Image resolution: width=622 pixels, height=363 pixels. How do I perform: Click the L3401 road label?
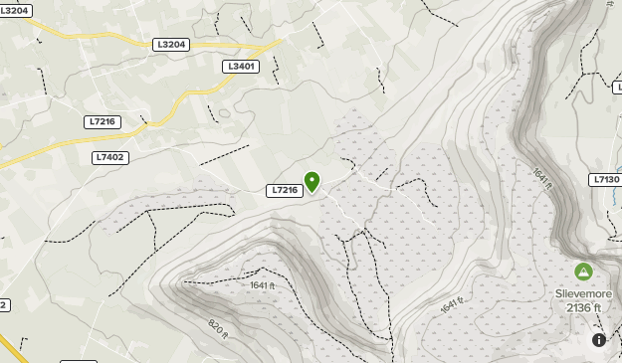click(x=242, y=67)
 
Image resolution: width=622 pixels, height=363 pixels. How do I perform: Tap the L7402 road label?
click(x=110, y=157)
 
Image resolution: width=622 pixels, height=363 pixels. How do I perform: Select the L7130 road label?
click(x=605, y=180)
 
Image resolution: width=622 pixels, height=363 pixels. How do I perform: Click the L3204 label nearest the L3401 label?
click(x=171, y=45)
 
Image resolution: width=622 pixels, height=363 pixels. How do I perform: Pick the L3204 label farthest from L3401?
click(x=15, y=10)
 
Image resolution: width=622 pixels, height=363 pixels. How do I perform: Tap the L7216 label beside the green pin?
click(x=285, y=190)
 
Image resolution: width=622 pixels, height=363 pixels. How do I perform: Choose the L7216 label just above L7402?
click(x=103, y=121)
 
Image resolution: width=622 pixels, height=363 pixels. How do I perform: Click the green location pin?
click(x=312, y=181)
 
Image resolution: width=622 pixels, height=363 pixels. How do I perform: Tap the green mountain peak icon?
click(x=583, y=272)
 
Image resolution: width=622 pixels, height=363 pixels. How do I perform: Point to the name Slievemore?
click(x=583, y=294)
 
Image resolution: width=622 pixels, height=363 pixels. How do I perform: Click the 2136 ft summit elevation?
click(x=584, y=308)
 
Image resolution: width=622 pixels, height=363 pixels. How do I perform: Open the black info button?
click(x=599, y=340)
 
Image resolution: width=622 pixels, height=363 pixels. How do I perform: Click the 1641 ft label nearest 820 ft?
click(x=262, y=285)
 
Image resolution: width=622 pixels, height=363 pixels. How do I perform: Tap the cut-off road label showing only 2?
click(x=4, y=305)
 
